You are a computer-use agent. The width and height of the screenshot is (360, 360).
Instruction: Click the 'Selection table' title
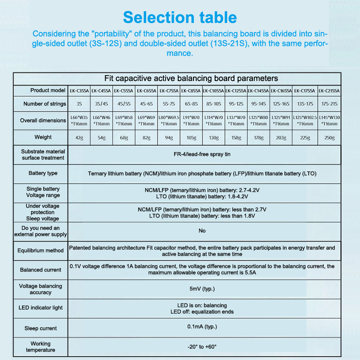180,17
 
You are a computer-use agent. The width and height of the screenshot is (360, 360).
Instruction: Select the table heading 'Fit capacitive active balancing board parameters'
191,78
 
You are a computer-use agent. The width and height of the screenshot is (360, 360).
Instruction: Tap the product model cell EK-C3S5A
79,90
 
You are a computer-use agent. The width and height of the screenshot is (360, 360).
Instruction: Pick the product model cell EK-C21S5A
329,90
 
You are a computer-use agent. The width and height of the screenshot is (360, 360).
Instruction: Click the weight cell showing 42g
79,138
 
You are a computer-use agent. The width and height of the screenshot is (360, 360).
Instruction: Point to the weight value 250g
329,138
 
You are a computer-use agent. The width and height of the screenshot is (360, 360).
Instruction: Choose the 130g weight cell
214,138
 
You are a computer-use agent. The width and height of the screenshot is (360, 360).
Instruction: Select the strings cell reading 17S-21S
329,103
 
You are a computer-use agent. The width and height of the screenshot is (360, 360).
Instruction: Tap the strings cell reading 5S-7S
169,103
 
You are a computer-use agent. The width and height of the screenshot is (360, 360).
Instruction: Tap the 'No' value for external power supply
202,231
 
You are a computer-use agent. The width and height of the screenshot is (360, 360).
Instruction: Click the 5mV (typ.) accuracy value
202,289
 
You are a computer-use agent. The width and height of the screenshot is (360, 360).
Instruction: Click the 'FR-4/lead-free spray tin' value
202,154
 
